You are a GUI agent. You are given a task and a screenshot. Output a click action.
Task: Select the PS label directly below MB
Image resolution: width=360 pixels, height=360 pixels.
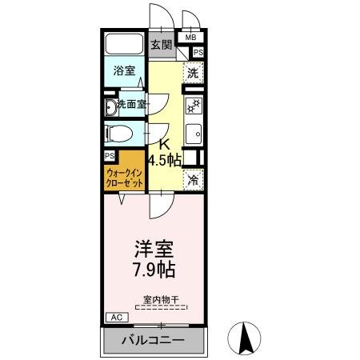tap(197, 53)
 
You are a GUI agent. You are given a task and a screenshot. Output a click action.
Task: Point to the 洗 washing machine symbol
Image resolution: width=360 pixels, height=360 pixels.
tap(192, 73)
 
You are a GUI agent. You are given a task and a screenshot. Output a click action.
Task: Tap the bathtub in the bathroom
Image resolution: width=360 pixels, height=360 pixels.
tap(124, 46)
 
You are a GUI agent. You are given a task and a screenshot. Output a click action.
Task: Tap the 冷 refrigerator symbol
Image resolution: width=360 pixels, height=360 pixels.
tap(192, 181)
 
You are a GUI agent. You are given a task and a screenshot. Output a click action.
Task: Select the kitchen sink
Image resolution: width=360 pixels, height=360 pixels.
tap(193, 132)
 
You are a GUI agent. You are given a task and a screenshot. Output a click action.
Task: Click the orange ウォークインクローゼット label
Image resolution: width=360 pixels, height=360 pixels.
tap(124, 178)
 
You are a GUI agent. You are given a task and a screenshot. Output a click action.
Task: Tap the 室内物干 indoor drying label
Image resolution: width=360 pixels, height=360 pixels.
tap(161, 301)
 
